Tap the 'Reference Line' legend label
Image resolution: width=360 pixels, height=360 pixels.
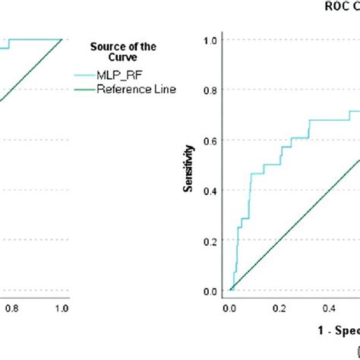pos(136,89)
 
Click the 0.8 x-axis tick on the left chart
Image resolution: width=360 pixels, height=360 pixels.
pos(11,308)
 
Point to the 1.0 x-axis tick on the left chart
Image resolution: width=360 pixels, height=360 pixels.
pos(62,308)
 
